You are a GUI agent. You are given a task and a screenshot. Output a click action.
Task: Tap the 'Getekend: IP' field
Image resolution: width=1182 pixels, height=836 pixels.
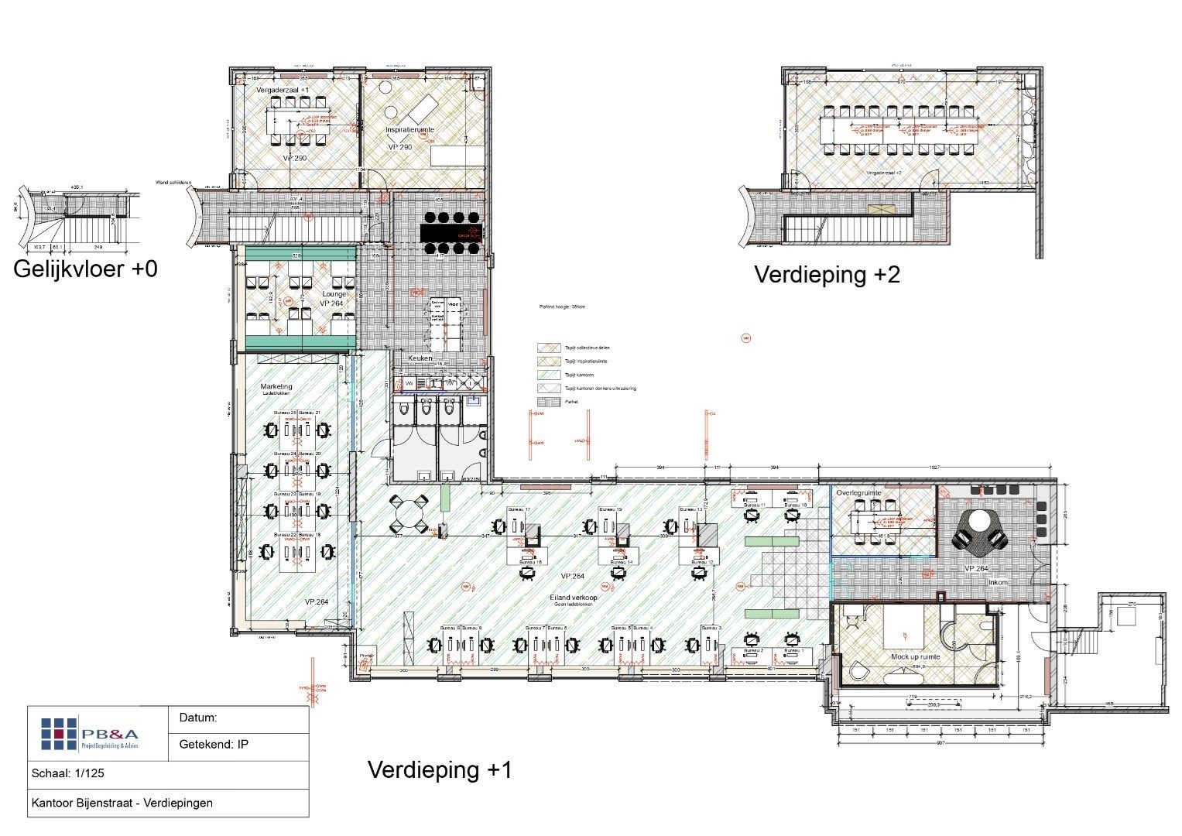click(x=214, y=745)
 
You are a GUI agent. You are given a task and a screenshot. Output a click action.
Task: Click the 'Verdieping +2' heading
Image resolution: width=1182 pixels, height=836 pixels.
click(x=827, y=275)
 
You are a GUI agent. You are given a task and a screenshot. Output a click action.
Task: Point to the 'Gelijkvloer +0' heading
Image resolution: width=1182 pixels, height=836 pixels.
click(x=85, y=269)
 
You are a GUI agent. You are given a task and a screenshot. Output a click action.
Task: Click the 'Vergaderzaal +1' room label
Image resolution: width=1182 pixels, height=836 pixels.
click(x=283, y=91)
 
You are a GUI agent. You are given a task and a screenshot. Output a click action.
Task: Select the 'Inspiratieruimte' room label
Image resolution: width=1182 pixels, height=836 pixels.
click(x=409, y=130)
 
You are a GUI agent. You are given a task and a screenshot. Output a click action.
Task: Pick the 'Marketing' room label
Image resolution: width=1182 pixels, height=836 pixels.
click(x=276, y=386)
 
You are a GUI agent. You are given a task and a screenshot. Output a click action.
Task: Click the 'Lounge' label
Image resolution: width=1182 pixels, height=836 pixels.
click(x=334, y=295)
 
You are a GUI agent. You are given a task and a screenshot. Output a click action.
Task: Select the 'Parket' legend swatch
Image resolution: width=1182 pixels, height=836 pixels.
click(x=548, y=402)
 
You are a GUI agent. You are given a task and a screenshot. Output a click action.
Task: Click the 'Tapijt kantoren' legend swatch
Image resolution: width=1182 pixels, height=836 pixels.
click(x=548, y=375)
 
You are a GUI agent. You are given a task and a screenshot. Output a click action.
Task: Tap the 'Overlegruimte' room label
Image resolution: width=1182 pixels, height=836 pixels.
click(x=858, y=493)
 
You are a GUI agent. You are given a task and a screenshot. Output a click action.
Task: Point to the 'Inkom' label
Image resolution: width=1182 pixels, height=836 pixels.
click(x=998, y=582)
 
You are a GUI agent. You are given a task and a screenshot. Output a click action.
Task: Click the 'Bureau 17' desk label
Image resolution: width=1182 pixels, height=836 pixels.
click(x=518, y=509)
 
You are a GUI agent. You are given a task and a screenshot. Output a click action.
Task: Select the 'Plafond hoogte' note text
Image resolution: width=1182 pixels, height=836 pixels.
click(x=562, y=307)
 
